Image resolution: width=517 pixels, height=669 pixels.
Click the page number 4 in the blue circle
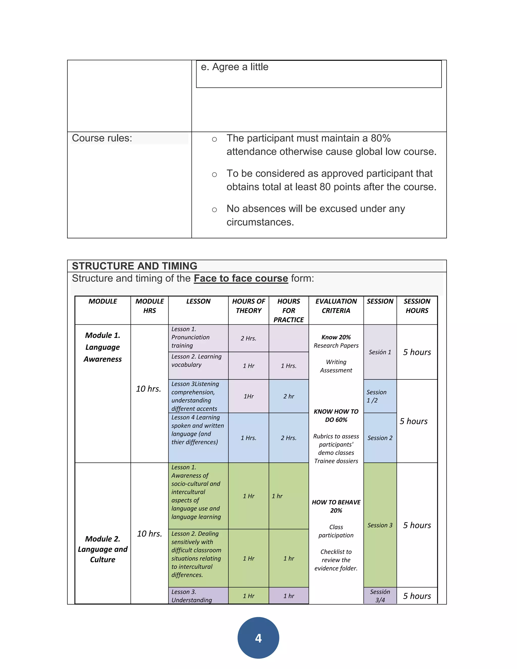(258, 638)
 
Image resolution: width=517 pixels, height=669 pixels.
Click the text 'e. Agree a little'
(235, 67)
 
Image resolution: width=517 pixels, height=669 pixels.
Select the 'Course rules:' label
(102, 138)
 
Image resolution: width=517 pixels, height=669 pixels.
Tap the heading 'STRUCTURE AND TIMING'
(135, 266)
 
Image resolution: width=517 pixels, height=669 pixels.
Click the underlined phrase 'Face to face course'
(241, 278)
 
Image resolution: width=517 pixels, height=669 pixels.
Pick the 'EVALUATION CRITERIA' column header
(336, 306)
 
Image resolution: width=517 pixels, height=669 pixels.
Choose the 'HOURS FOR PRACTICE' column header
(289, 310)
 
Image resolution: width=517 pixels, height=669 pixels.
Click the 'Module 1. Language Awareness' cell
(102, 347)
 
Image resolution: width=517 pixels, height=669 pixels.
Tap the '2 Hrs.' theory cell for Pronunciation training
(248, 338)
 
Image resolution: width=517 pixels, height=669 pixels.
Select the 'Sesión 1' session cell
(380, 352)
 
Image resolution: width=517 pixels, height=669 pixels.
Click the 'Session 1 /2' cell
(376, 396)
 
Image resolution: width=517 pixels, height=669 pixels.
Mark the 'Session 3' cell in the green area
(380, 525)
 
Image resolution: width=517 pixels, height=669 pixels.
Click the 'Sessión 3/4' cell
(380, 596)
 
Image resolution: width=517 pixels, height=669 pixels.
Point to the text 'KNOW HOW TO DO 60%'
(336, 416)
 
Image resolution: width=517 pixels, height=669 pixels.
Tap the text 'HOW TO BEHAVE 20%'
(336, 506)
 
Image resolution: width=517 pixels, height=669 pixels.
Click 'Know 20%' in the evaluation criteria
(336, 337)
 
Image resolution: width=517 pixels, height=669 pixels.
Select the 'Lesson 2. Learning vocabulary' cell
(196, 361)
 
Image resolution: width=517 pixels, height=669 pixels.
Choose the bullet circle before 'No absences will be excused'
(214, 210)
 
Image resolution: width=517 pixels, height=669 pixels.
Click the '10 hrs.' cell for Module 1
(148, 389)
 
